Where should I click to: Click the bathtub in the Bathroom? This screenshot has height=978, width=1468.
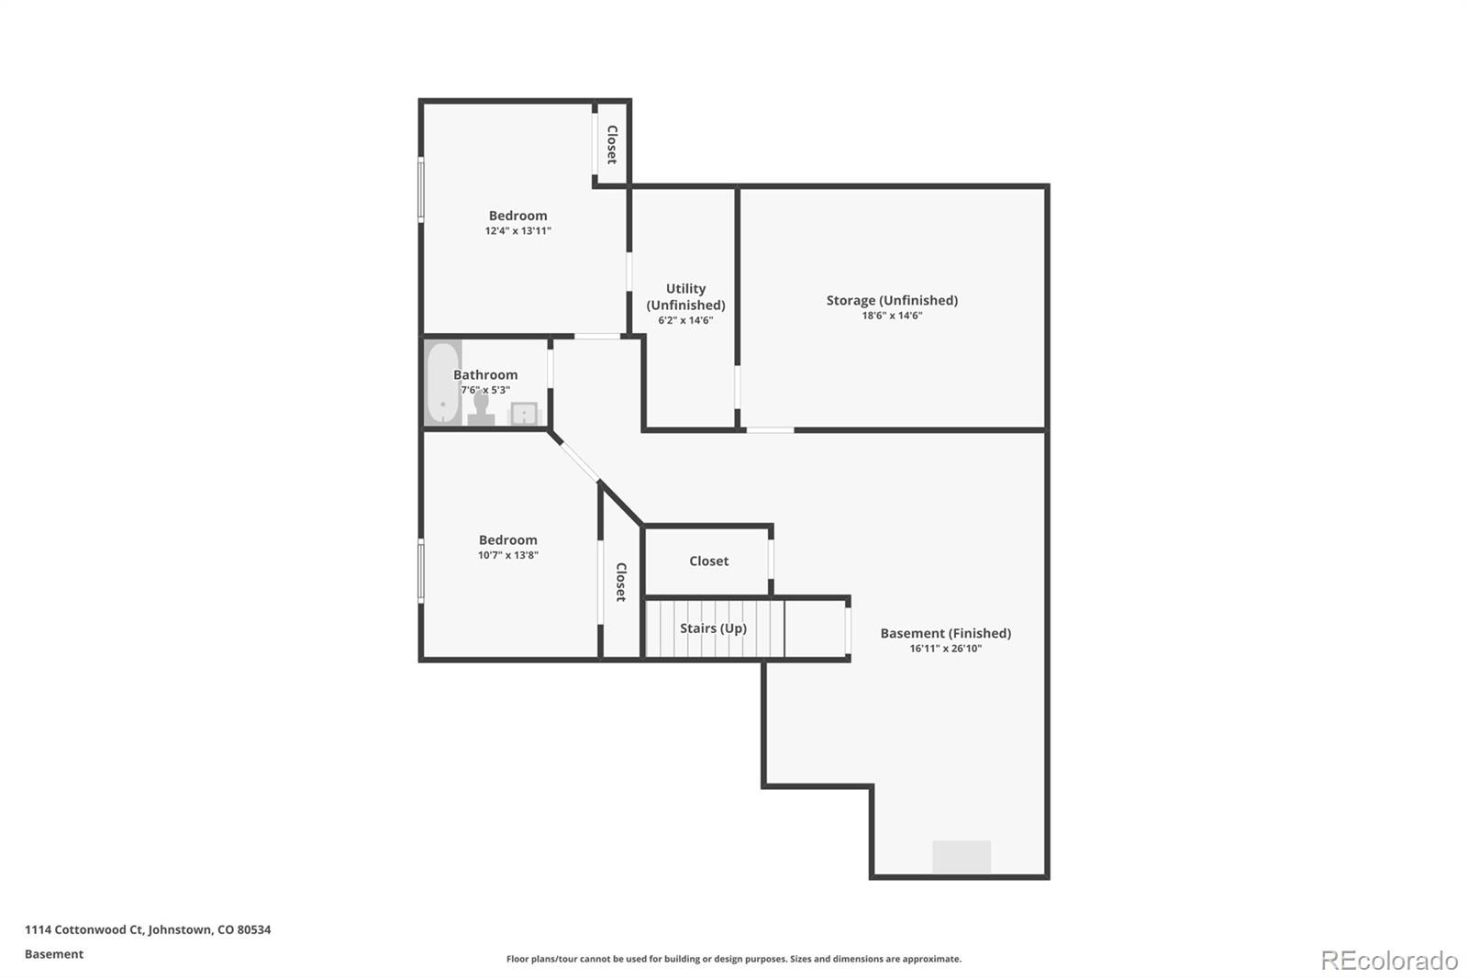pos(442,383)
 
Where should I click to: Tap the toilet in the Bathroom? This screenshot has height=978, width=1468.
pos(480,408)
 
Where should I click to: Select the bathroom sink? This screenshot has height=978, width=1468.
pos(524,414)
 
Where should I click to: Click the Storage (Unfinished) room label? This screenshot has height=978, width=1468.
pos(892,300)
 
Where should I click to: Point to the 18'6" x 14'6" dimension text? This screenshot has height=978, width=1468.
pos(892,316)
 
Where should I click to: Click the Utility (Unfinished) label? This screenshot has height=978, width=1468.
pos(685,296)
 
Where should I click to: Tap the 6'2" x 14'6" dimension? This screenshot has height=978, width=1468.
pos(685,320)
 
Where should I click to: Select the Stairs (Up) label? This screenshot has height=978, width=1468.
pos(713,628)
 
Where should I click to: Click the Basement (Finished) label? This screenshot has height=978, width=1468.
pos(945,633)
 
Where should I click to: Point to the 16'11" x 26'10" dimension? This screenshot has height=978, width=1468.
pos(945,649)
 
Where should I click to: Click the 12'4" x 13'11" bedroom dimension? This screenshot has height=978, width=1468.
pos(517,231)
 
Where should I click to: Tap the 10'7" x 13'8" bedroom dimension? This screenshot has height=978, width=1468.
pos(507,555)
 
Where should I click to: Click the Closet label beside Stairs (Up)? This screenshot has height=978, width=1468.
pos(708,561)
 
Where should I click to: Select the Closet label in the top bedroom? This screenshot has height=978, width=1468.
pos(611,144)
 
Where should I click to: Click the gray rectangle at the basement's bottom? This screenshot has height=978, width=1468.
pos(962,857)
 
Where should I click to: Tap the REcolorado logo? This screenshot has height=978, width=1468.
pos(1389,960)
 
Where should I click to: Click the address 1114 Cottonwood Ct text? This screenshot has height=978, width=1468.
pos(148,929)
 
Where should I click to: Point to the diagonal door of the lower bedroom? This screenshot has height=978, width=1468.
pos(574,456)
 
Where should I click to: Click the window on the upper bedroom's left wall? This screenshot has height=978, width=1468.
pos(421,189)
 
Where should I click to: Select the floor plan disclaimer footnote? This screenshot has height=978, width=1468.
pos(734,959)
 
